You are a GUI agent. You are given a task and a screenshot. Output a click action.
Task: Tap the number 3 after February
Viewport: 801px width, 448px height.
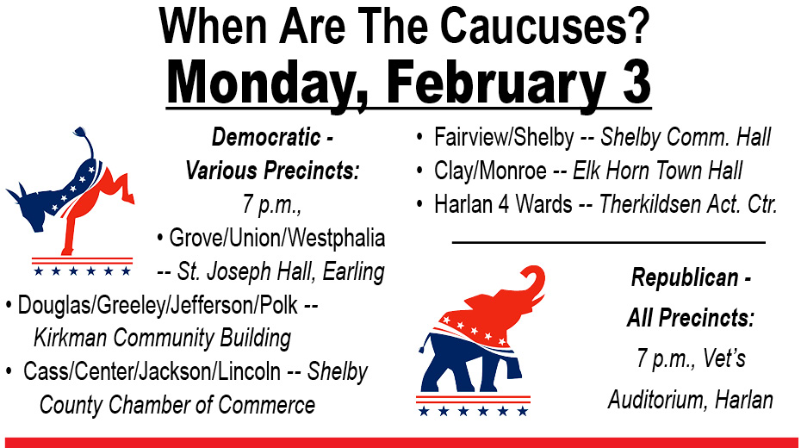point(636,83)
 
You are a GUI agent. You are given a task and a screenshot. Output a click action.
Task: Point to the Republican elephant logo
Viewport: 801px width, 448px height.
point(481,340)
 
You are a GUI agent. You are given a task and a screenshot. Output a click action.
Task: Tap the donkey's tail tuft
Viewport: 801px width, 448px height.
point(80,133)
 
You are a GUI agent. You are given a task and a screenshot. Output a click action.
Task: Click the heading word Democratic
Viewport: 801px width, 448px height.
point(266,137)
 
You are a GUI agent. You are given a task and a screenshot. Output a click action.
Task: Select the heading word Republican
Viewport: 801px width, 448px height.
point(685,278)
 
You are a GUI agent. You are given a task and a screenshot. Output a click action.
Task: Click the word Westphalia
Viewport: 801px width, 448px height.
point(339,239)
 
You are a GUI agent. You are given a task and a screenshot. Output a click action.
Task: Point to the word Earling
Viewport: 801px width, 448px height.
point(353,272)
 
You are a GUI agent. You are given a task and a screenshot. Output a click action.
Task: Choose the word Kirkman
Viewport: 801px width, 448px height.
point(70,338)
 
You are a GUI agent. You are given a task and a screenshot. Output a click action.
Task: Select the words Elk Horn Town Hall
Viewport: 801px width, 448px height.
point(657,171)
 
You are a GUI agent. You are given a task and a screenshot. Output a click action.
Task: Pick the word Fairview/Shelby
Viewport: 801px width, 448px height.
point(504,137)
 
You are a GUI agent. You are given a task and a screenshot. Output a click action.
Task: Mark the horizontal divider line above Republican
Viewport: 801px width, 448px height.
point(608,243)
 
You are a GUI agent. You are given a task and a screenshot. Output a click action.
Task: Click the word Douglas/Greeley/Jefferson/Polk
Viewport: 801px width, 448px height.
point(158,306)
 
